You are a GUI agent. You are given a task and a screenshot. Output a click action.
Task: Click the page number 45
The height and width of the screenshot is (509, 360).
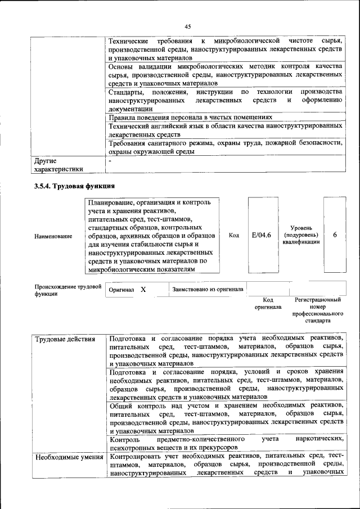pyautogui.click(x=187, y=25)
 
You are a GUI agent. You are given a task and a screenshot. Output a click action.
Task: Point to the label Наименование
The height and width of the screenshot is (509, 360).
pyautogui.click(x=53, y=236)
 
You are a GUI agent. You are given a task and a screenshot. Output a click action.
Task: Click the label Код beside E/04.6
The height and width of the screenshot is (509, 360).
pyautogui.click(x=235, y=235)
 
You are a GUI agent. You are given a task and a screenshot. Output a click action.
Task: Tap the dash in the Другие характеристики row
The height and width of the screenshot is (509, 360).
pyautogui.click(x=111, y=161)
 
